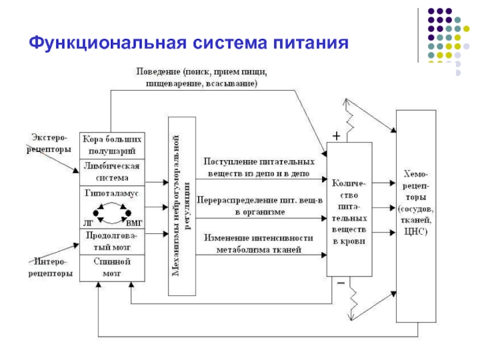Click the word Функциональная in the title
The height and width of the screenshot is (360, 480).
pyautogui.click(x=107, y=43)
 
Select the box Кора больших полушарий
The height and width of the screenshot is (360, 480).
pyautogui.click(x=112, y=145)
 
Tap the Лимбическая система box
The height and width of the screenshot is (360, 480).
pyautogui.click(x=112, y=172)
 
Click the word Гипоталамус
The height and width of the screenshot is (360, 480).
pyautogui.click(x=112, y=193)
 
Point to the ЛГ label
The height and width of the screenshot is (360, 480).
pyautogui.click(x=88, y=223)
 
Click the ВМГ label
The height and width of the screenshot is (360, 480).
pyautogui.click(x=134, y=223)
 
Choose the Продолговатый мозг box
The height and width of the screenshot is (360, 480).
pyautogui.click(x=112, y=242)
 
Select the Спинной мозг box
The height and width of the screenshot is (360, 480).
pyautogui.click(x=112, y=268)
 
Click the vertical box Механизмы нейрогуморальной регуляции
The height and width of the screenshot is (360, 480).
pyautogui.click(x=182, y=206)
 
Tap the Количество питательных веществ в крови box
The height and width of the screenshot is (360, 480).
pyautogui.click(x=349, y=209)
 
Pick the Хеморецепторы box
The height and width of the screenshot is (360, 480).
pyautogui.click(x=416, y=216)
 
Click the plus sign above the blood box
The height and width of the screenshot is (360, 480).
pyautogui.click(x=337, y=136)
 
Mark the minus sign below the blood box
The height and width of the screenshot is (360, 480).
pyautogui.click(x=341, y=283)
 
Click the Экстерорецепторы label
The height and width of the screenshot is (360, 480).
pyautogui.click(x=49, y=143)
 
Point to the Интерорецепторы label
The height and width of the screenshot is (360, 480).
pyautogui.click(x=50, y=267)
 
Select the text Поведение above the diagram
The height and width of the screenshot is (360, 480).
pyautogui.click(x=158, y=71)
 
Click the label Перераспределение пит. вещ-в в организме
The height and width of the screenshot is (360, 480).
pyautogui.click(x=260, y=206)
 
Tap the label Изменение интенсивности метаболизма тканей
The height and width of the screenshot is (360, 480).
pyautogui.click(x=259, y=244)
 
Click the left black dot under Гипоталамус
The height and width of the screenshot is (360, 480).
pyautogui.click(x=96, y=213)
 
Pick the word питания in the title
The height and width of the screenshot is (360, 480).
pyautogui.click(x=311, y=43)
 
